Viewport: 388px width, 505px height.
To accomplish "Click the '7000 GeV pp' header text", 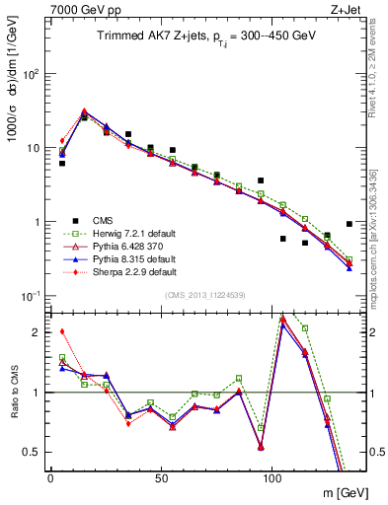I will [81, 8].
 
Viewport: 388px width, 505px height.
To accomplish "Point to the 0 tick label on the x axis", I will [50, 478].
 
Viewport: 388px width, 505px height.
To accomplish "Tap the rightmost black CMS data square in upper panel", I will [349, 224].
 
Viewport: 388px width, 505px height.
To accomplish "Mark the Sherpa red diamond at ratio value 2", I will [62, 331].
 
